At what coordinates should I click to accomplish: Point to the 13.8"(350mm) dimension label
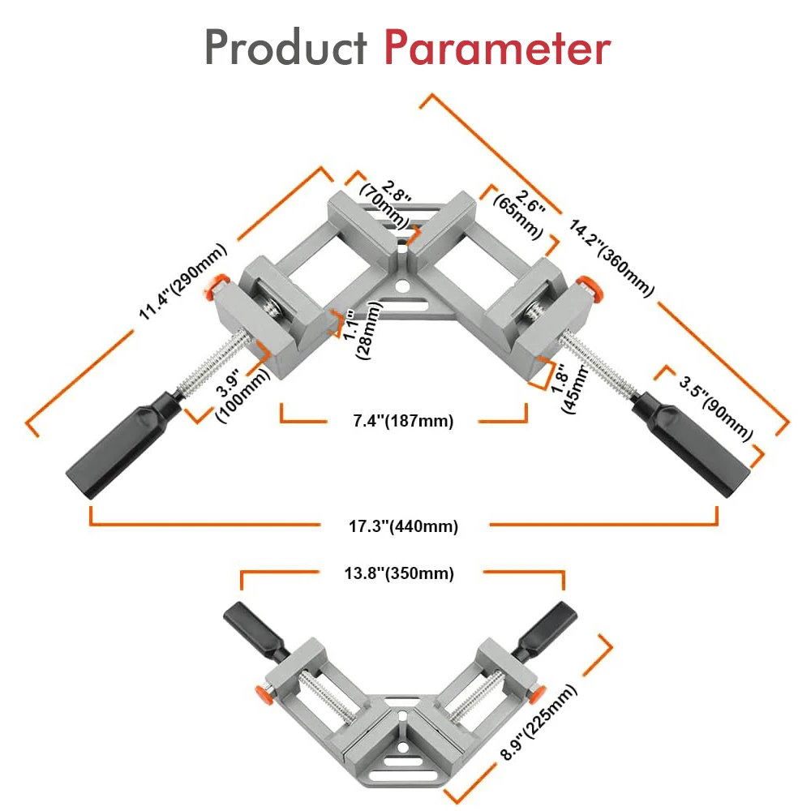click(x=401, y=573)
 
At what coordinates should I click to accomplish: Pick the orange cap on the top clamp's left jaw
click(x=216, y=285)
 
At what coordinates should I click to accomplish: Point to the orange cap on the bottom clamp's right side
click(x=533, y=694)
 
